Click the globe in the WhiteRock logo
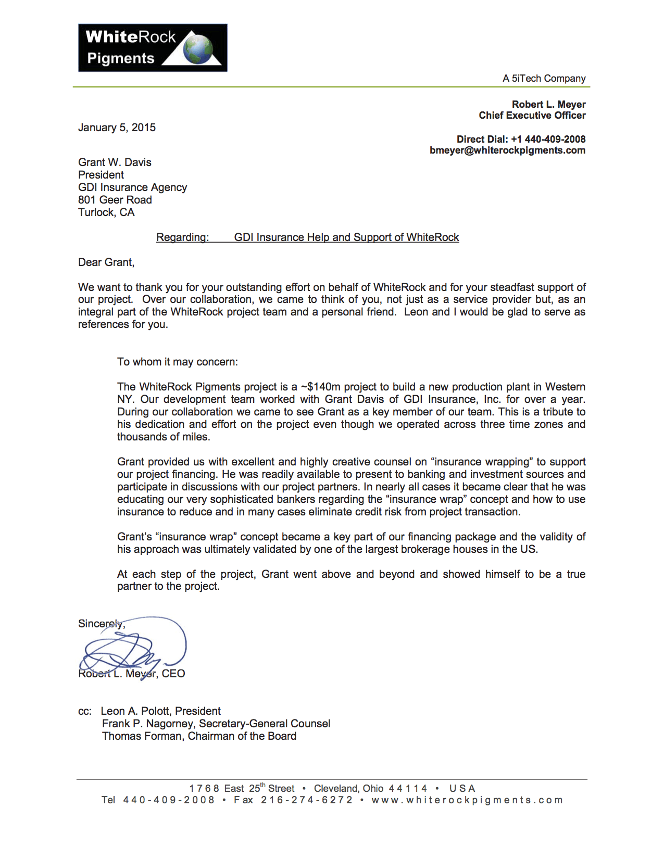198,49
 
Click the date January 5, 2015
117,128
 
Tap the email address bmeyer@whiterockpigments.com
507,150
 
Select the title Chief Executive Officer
532,116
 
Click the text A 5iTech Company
544,79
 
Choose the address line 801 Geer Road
115,200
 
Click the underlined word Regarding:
182,237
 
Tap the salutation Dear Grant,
106,262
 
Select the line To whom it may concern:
177,362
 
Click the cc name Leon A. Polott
135,711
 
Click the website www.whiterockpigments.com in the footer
467,800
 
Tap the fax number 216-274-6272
307,800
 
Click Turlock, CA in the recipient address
106,212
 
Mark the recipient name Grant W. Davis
115,162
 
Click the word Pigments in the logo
121,58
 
